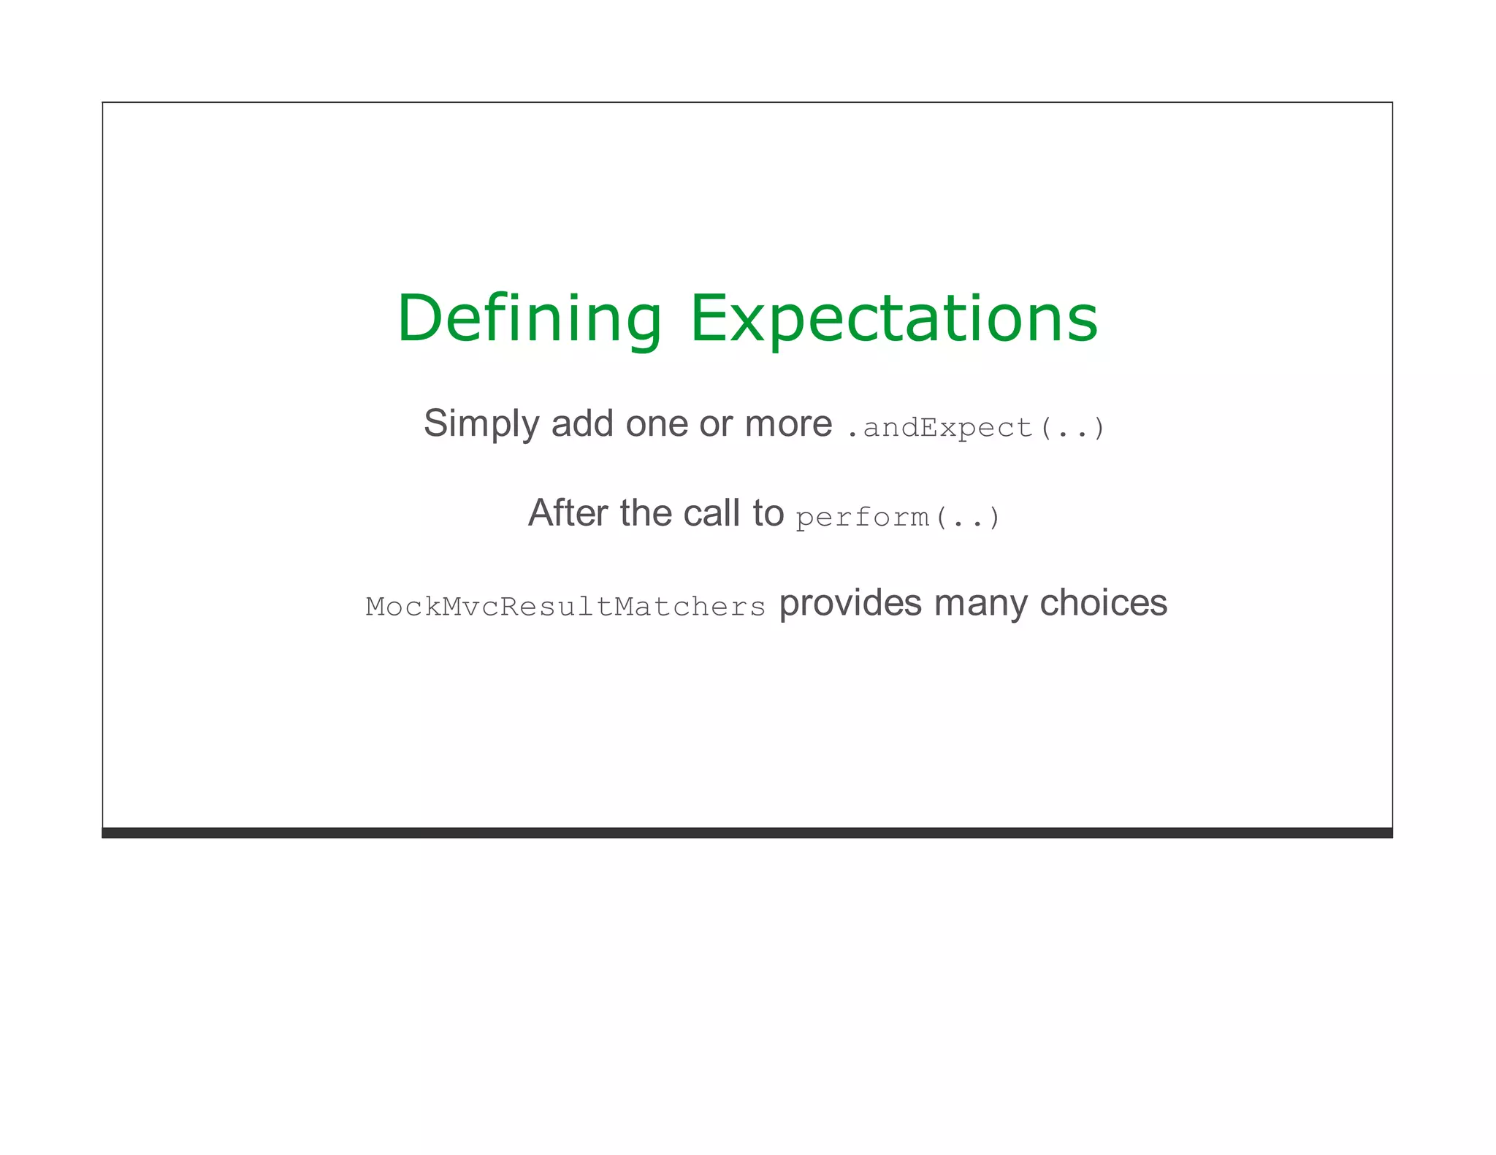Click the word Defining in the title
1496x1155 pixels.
[x=529, y=319]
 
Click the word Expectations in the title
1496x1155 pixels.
[x=893, y=319]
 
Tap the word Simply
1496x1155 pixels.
[x=481, y=424]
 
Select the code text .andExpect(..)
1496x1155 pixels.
[x=975, y=428]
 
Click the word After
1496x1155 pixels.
[x=568, y=513]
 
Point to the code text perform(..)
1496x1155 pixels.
[x=898, y=518]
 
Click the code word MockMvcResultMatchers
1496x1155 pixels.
[x=565, y=607]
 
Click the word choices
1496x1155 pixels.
[x=1103, y=603]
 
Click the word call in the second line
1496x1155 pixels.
[x=712, y=513]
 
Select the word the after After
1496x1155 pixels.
[x=645, y=513]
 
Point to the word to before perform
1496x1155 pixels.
[x=768, y=514]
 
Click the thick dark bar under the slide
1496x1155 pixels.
[x=747, y=832]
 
